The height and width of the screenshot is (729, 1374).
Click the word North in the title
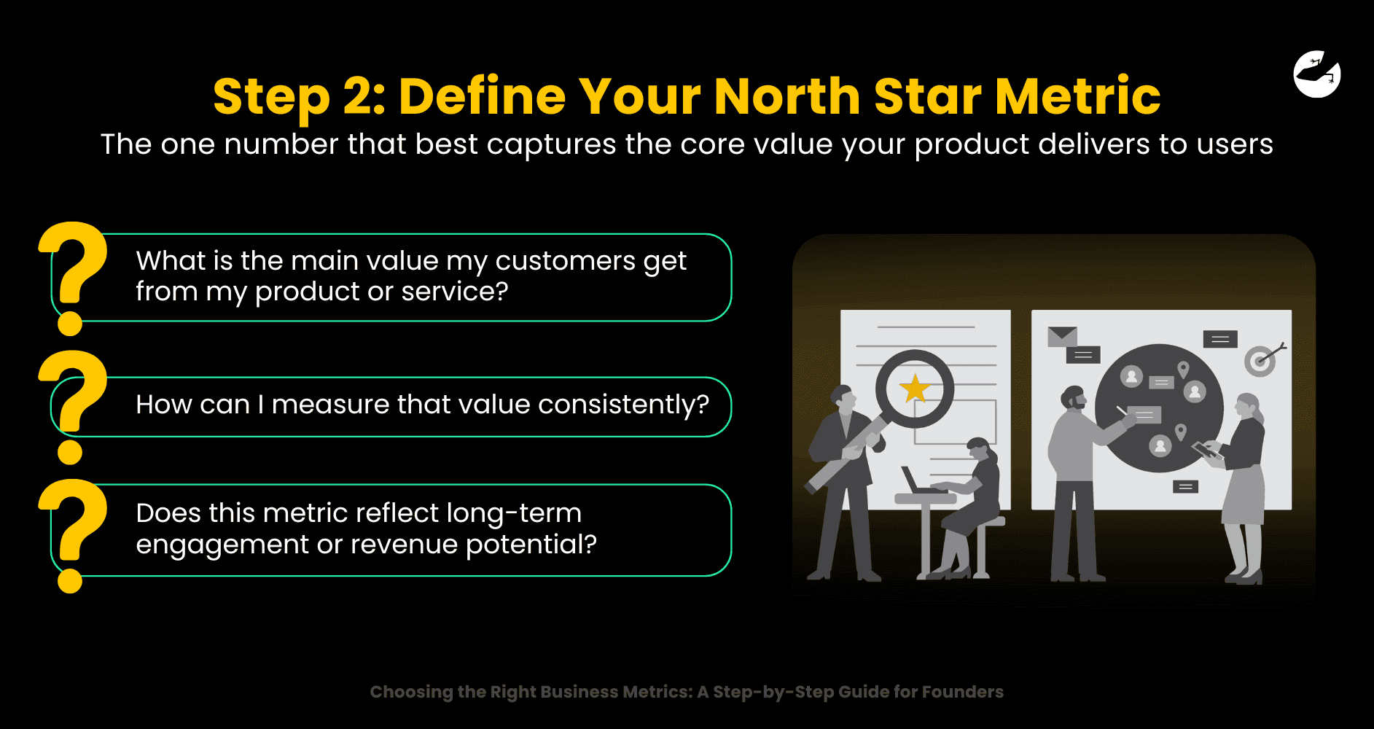click(787, 97)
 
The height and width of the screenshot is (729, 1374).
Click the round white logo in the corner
click(1316, 74)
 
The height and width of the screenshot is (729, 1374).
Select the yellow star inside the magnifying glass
click(914, 389)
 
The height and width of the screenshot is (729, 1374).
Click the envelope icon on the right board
click(1062, 336)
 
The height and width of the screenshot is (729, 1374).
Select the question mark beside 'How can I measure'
click(73, 405)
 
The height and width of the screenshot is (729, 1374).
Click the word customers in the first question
click(565, 261)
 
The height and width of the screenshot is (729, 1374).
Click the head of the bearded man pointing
click(1074, 399)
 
